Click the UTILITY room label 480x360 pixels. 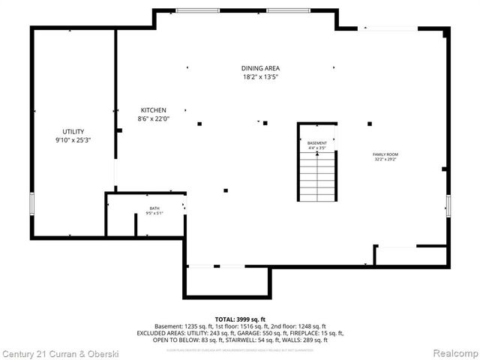click(73, 131)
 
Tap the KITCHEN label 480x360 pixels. click(153, 110)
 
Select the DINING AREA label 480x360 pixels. click(260, 68)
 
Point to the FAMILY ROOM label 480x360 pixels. click(385, 154)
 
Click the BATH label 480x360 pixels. click(154, 208)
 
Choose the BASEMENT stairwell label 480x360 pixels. click(317, 142)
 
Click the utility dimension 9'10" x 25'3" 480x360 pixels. click(73, 139)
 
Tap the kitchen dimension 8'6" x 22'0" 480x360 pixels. click(154, 118)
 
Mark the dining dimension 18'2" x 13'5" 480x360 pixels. click(260, 76)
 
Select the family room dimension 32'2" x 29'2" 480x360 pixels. click(385, 159)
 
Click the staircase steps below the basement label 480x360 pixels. click(317, 176)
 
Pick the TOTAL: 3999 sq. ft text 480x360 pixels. click(240, 319)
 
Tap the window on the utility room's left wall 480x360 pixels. click(31, 204)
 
